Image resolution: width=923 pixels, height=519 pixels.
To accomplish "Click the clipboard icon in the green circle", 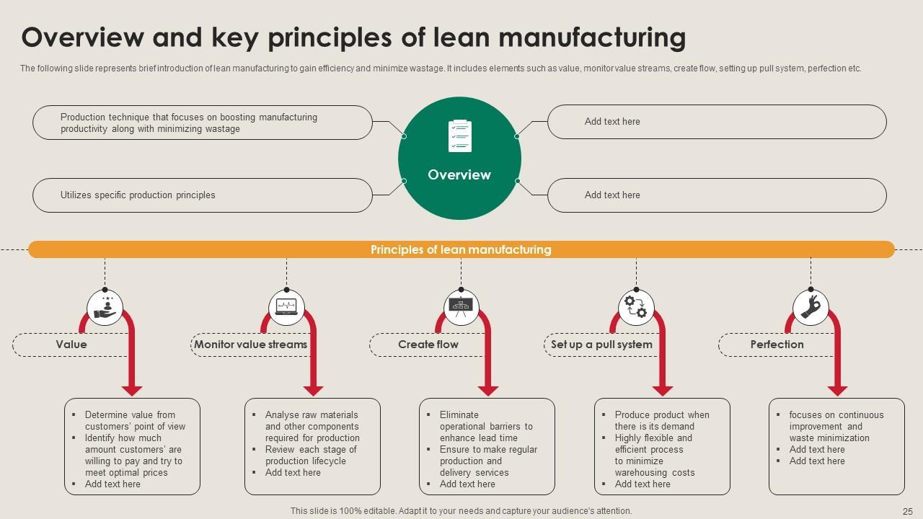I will click(459, 136).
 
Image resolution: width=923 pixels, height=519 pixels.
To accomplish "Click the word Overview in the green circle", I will click(459, 175).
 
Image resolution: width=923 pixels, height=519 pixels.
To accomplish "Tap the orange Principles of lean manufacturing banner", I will click(461, 249).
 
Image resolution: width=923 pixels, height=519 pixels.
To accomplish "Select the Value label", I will click(71, 345).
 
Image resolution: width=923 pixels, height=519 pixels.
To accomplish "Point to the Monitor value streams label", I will click(250, 345).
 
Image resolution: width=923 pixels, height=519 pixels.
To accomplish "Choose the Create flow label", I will click(428, 345).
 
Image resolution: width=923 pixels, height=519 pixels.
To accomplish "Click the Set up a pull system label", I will click(601, 345).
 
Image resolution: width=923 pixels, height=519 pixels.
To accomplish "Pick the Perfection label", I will click(777, 345).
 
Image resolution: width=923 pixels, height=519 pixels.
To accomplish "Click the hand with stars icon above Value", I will click(105, 308).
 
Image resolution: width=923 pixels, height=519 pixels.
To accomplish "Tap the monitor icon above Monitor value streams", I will click(286, 308).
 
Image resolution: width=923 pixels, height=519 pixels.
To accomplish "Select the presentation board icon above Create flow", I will click(461, 308).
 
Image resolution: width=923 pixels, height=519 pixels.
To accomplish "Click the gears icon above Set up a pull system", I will click(636, 308).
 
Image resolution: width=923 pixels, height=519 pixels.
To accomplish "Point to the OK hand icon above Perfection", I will click(811, 308).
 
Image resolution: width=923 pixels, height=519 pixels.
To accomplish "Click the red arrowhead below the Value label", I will click(132, 390).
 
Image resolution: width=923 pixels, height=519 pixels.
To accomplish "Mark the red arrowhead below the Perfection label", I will click(837, 390).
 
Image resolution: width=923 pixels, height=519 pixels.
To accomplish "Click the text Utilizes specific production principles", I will click(138, 195).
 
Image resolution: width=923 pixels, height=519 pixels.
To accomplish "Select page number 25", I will click(907, 511).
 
